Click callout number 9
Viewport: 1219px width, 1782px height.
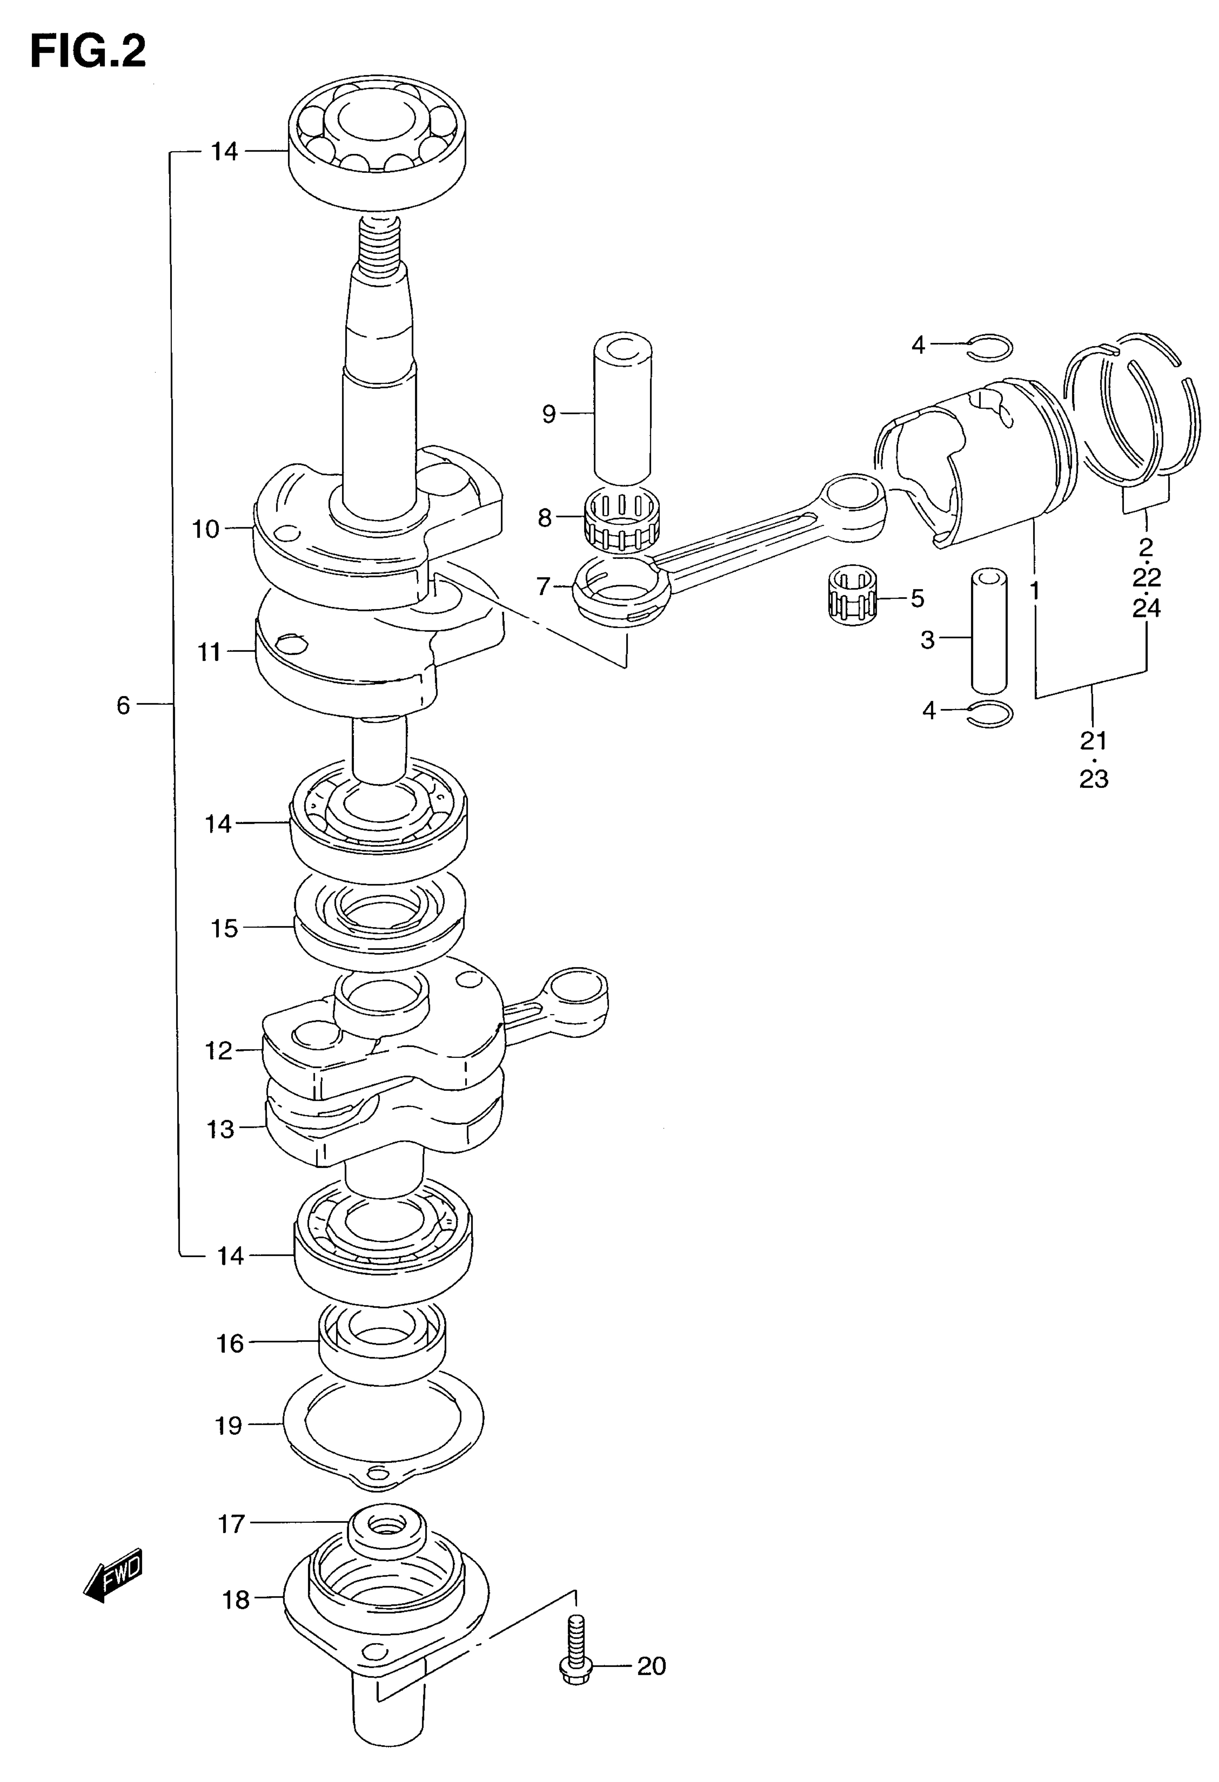[549, 414]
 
